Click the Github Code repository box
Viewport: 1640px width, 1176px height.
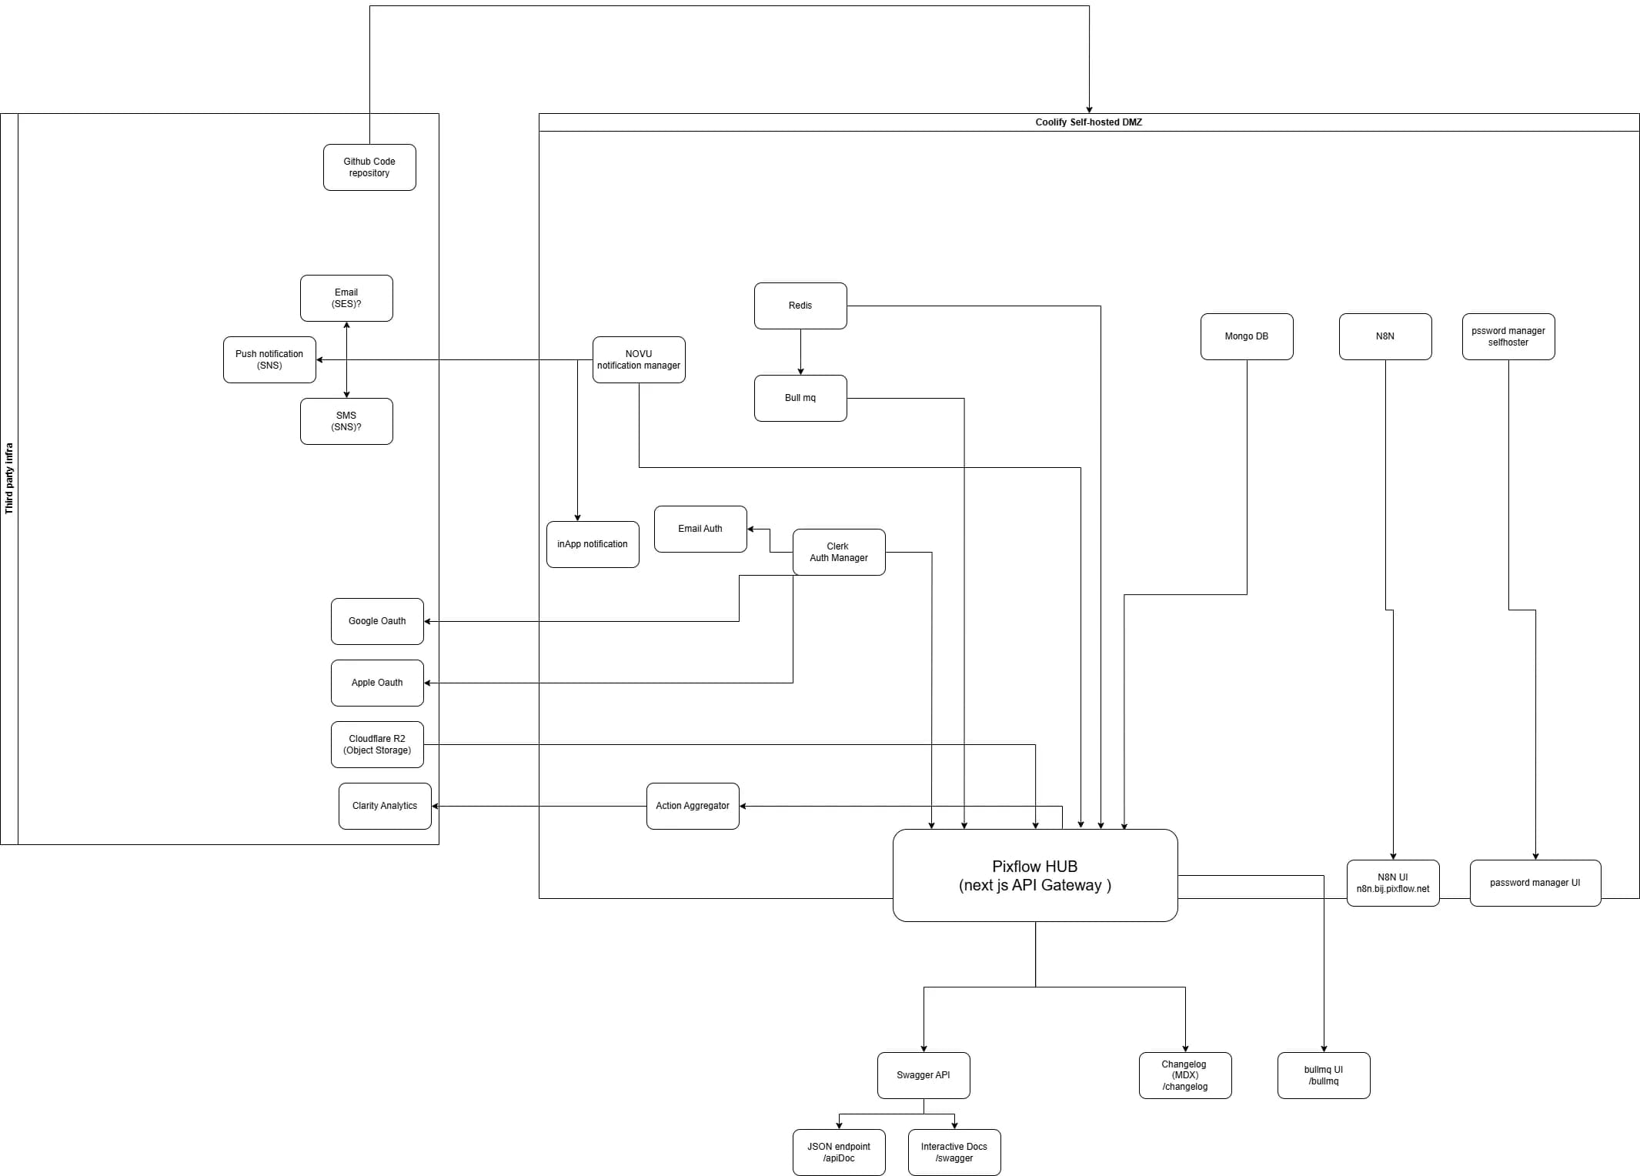click(369, 167)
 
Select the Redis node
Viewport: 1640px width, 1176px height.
click(800, 306)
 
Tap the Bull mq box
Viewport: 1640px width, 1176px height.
click(800, 398)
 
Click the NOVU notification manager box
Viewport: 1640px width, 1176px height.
click(639, 359)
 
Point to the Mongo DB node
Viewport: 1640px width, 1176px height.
click(1247, 336)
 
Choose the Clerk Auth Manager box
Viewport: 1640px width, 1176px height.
click(839, 552)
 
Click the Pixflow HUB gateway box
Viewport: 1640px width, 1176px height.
click(1035, 875)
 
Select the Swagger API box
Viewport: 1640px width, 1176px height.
click(924, 1075)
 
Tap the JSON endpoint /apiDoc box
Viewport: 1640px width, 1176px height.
click(839, 1152)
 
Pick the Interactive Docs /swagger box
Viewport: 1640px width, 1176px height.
click(954, 1152)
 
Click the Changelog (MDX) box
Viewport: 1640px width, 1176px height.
click(1185, 1075)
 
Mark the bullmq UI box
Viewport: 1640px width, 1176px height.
click(1324, 1075)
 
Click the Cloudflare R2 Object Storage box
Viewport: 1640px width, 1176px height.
click(377, 744)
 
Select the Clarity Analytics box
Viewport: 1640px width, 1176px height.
click(385, 806)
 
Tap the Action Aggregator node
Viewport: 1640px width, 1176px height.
click(693, 806)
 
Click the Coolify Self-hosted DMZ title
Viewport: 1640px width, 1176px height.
click(1088, 122)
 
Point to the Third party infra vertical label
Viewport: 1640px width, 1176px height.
click(9, 478)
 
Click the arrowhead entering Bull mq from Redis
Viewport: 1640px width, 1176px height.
click(800, 371)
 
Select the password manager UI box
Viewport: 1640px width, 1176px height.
click(1535, 883)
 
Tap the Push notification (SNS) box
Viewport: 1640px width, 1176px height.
click(269, 359)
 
